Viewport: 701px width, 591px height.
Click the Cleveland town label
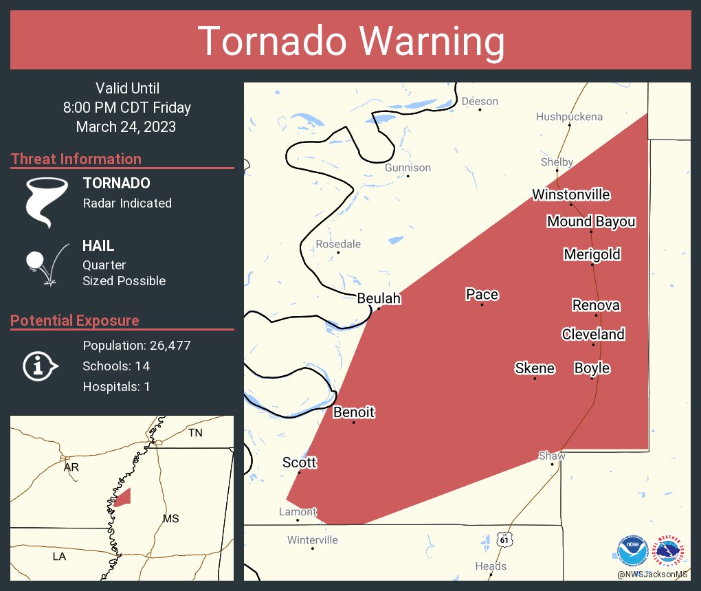pyautogui.click(x=593, y=334)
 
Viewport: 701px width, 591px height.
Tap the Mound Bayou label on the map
pyautogui.click(x=591, y=221)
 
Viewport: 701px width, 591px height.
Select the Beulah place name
pyautogui.click(x=379, y=298)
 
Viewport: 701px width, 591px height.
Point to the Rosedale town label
pyautogui.click(x=338, y=244)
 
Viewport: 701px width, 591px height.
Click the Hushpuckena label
pyautogui.click(x=569, y=117)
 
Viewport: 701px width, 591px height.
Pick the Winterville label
pyautogui.click(x=313, y=539)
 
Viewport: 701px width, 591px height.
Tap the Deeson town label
pyautogui.click(x=480, y=101)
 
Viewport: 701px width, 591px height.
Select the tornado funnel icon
pyautogui.click(x=46, y=201)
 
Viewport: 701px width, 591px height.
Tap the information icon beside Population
pyautogui.click(x=40, y=366)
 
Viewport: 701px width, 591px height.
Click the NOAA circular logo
pyautogui.click(x=632, y=551)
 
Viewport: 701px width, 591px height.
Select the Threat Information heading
pyautogui.click(x=76, y=159)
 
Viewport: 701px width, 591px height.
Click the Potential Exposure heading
pyautogui.click(x=75, y=320)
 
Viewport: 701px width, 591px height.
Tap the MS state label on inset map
pyautogui.click(x=170, y=518)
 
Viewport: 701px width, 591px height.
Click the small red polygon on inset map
pyautogui.click(x=122, y=498)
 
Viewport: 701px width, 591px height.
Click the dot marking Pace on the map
pyautogui.click(x=482, y=304)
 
